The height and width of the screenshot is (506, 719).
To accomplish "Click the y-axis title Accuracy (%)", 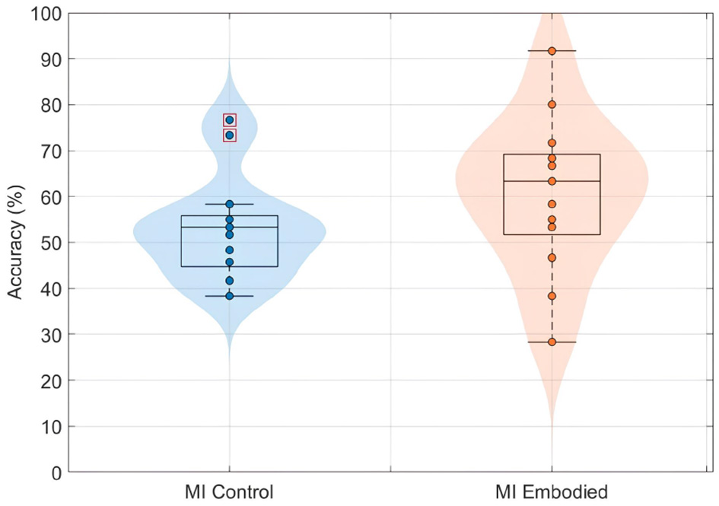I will [17, 243].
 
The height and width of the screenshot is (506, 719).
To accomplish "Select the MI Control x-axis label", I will [229, 492].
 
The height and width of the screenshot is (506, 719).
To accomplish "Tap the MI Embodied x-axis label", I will [552, 492].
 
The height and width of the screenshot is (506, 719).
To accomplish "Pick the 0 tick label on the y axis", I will [57, 473].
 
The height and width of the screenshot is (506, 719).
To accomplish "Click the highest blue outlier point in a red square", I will [229, 119].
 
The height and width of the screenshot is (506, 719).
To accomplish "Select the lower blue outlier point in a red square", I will [229, 135].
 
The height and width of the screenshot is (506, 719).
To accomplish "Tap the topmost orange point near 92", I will [552, 50].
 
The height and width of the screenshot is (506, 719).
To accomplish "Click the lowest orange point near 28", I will [552, 342].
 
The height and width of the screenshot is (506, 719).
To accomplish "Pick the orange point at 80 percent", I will [552, 104].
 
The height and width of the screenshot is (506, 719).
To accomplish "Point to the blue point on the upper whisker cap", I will [229, 204].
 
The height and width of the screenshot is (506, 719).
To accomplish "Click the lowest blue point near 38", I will [229, 295].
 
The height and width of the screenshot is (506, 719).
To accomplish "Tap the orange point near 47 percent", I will [552, 258].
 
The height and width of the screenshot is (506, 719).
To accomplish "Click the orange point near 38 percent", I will [552, 296].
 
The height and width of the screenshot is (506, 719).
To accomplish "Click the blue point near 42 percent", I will [229, 281].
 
